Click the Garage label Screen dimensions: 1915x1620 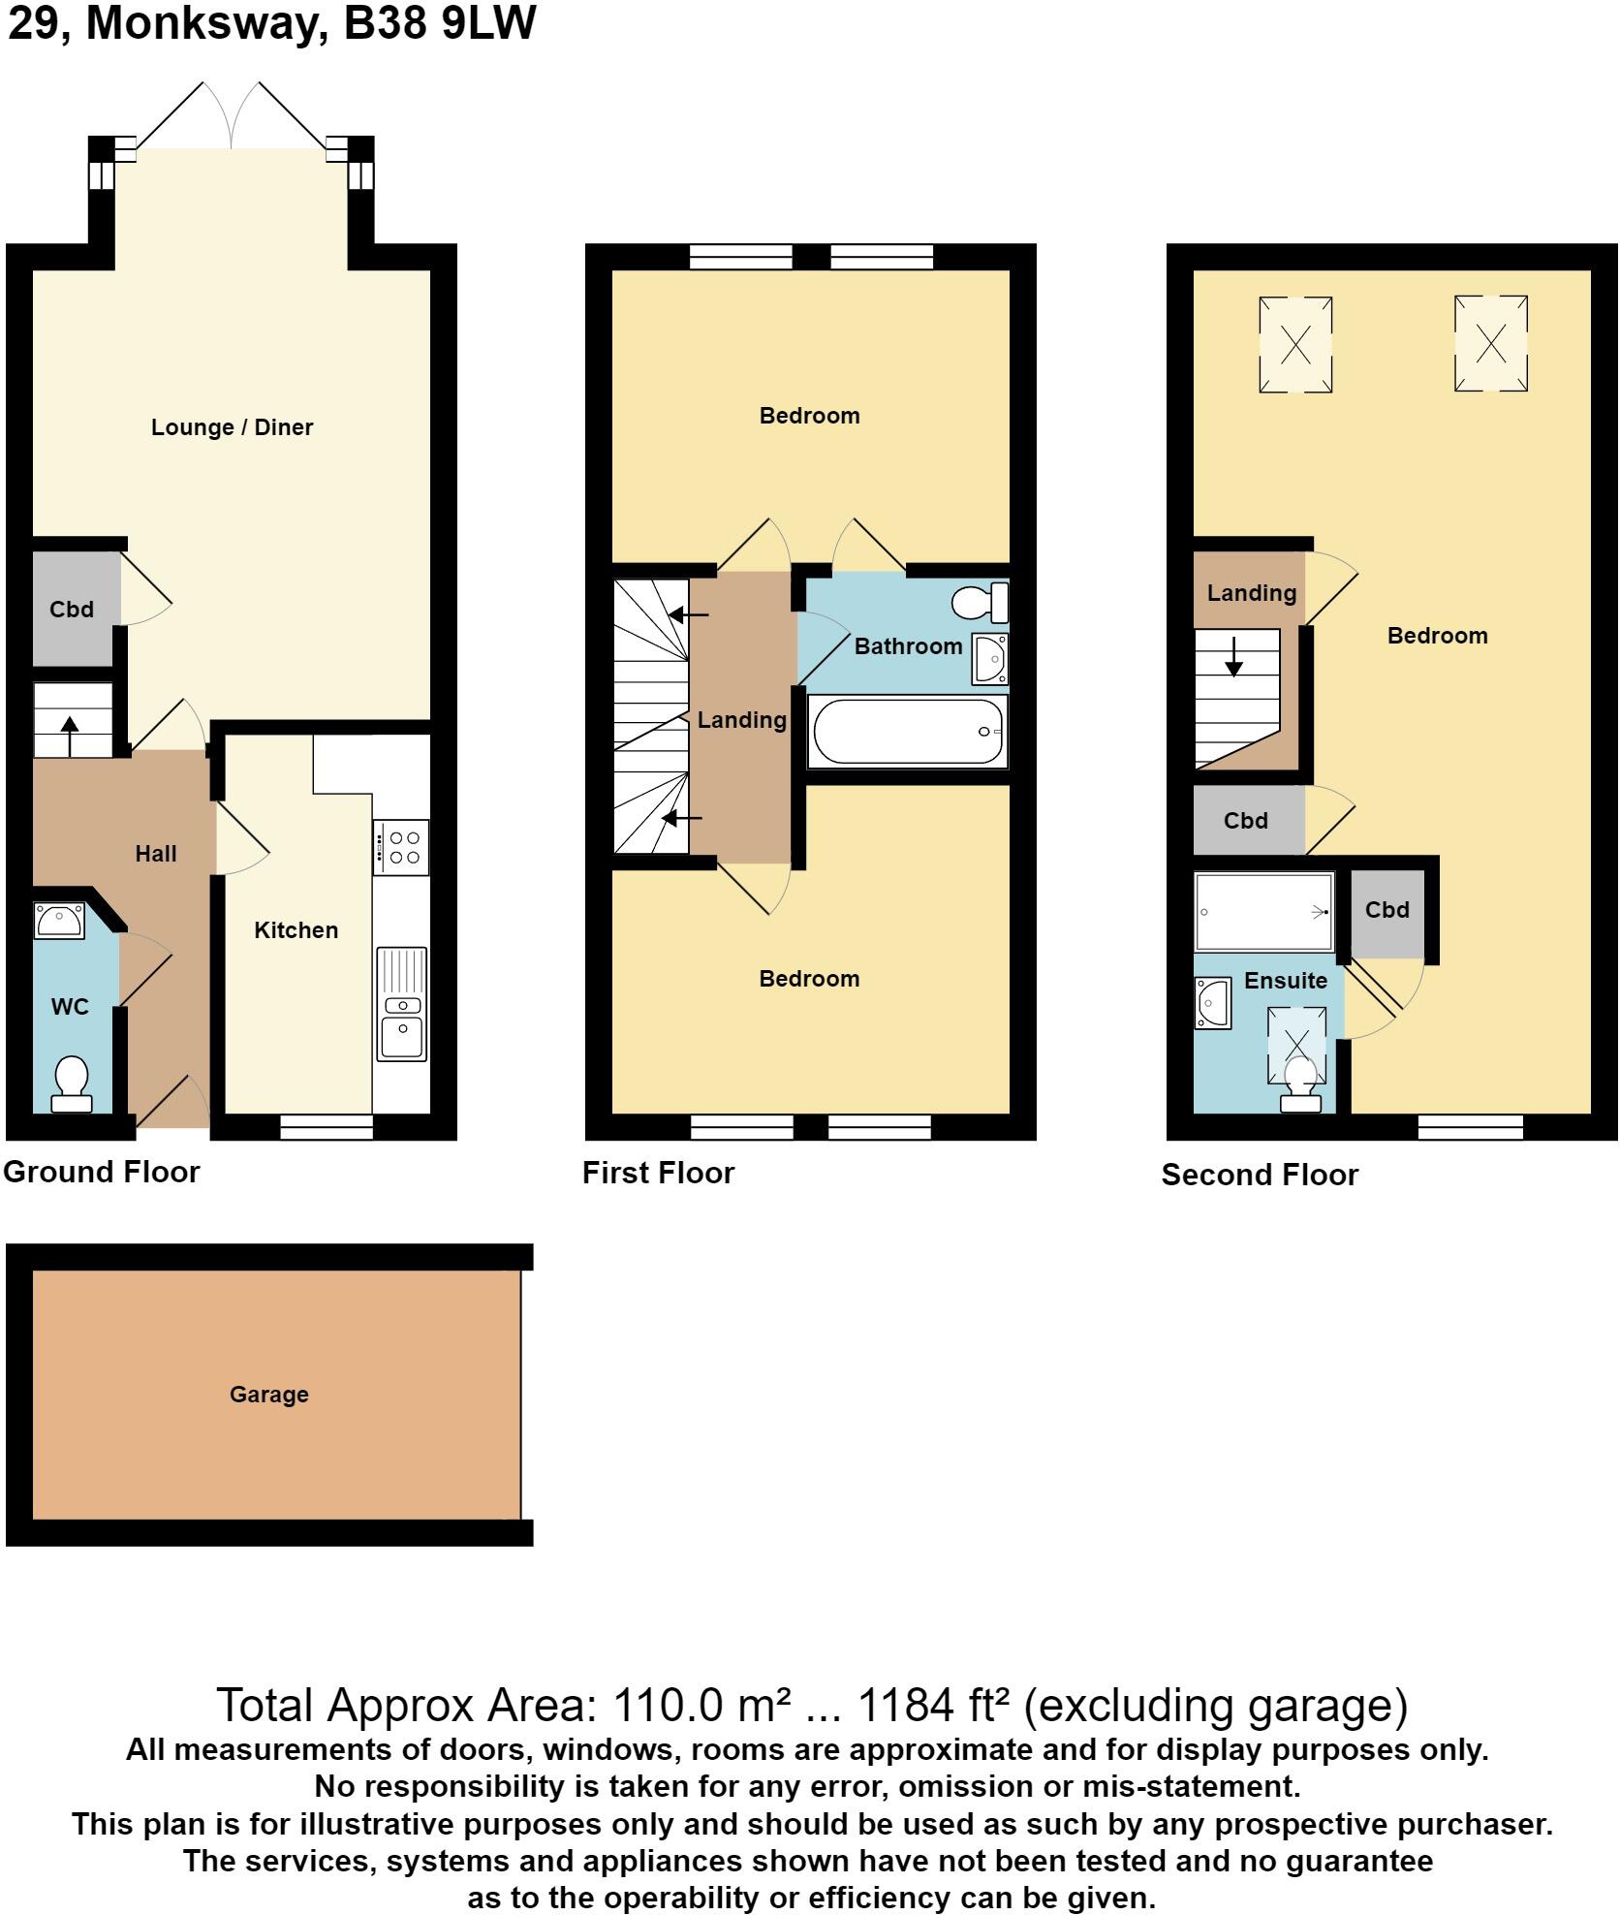coord(268,1395)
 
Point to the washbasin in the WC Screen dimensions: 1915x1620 coord(59,920)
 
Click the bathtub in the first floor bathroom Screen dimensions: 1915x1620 coord(908,732)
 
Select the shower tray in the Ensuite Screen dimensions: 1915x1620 coord(1263,911)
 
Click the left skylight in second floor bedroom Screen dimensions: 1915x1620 coord(1295,344)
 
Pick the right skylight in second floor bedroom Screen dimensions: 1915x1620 coord(1490,343)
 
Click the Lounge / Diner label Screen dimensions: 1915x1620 coord(232,427)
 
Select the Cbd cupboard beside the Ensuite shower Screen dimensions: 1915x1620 coord(1386,910)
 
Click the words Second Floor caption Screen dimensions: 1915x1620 coord(1260,1175)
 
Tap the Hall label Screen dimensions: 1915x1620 coord(155,854)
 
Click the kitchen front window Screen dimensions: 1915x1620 coord(327,1125)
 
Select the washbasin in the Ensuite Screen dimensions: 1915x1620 coord(1212,1003)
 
